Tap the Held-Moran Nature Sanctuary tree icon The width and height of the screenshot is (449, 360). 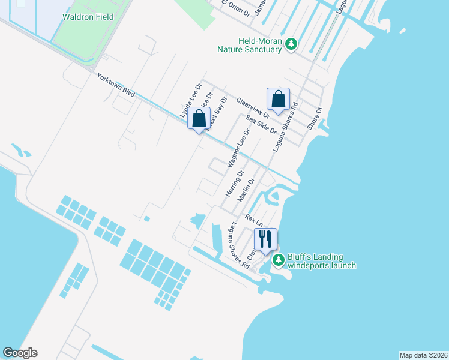point(291,44)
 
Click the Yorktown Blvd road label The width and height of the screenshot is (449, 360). point(116,86)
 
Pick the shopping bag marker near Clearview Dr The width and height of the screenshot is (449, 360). point(278,100)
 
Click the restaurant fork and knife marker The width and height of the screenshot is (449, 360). point(265,239)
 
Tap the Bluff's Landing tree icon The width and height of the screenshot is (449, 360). point(278,260)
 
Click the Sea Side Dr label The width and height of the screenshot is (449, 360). point(261,125)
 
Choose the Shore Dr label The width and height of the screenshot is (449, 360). point(314,118)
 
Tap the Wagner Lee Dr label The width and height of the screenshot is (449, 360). point(238,148)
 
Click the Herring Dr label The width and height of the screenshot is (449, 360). point(234,184)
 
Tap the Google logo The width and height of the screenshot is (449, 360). point(20,353)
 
